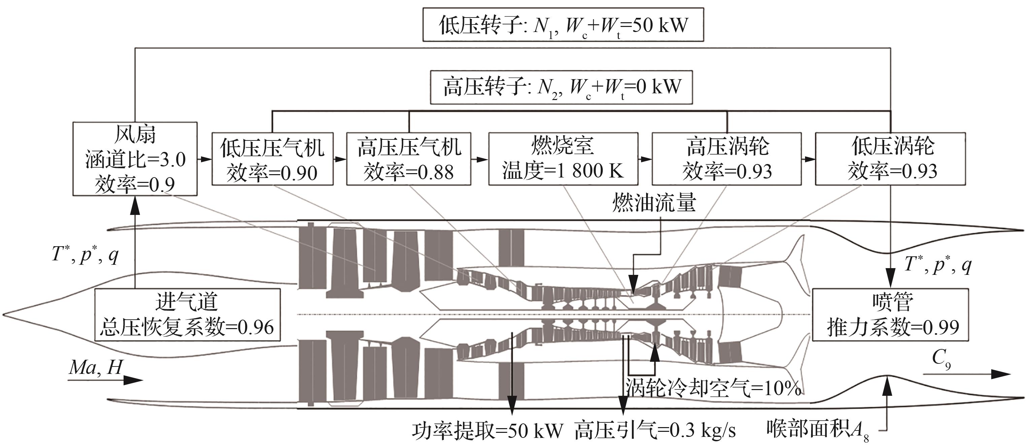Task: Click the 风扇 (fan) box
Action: point(135,159)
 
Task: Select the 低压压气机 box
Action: point(272,159)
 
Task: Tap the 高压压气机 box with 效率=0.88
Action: point(409,159)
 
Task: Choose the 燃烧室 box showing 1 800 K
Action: point(563,159)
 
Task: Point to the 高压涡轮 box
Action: point(727,159)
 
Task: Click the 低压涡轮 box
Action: point(890,159)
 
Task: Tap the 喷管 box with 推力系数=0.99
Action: point(890,315)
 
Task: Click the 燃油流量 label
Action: point(654,202)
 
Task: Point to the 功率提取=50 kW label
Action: point(487,431)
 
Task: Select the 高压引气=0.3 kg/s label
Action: point(655,431)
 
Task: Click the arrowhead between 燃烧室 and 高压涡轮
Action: point(646,159)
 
